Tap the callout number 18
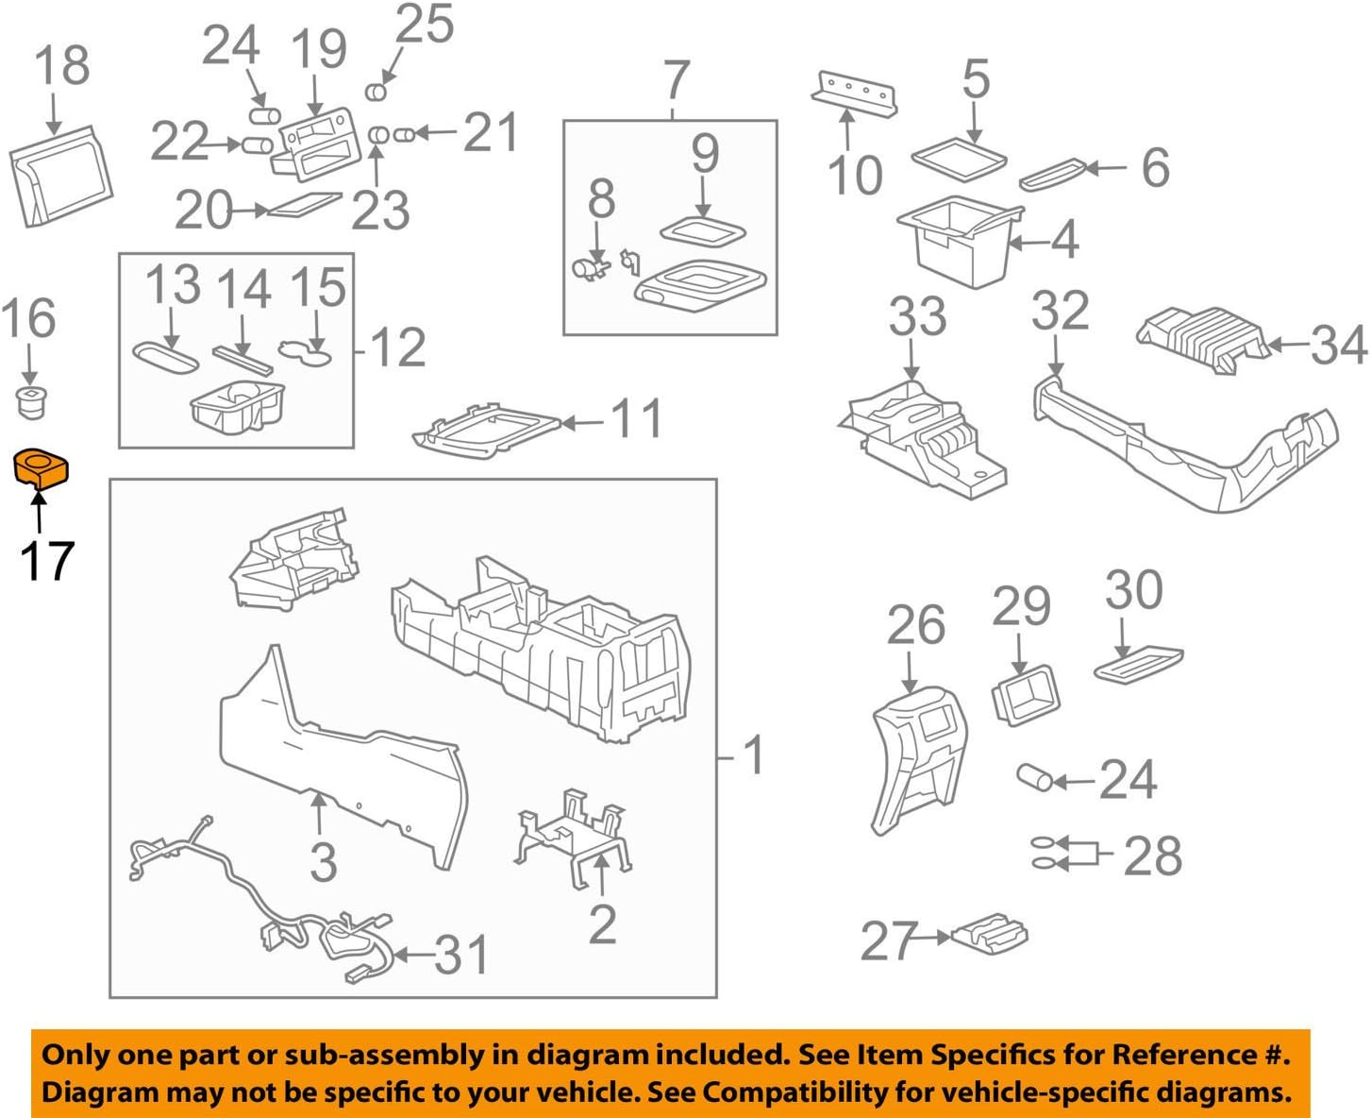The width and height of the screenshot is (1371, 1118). click(x=62, y=66)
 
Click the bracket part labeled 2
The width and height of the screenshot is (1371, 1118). click(x=572, y=836)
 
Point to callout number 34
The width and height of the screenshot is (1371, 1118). click(x=1338, y=346)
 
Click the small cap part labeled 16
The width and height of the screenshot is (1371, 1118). click(x=32, y=401)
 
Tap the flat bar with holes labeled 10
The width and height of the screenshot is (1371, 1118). click(x=853, y=93)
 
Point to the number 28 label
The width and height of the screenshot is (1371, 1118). click(x=1153, y=856)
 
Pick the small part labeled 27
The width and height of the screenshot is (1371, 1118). click(x=989, y=933)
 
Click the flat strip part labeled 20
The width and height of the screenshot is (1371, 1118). click(x=304, y=205)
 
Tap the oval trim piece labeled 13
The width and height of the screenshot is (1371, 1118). click(x=166, y=358)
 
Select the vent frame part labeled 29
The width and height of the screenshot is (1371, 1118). click(x=1025, y=694)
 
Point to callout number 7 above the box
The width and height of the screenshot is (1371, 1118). click(x=676, y=81)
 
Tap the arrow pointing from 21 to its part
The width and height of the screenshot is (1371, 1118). click(x=437, y=133)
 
